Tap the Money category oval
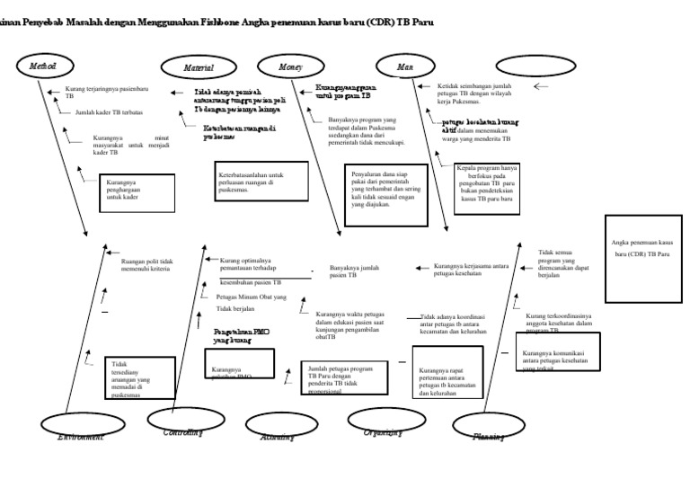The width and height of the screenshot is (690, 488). pos(290,67)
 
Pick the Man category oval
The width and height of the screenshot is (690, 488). pos(406,67)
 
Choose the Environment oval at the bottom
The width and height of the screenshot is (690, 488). pos(80,426)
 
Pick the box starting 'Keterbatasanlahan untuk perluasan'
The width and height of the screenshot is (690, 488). pos(261,182)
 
